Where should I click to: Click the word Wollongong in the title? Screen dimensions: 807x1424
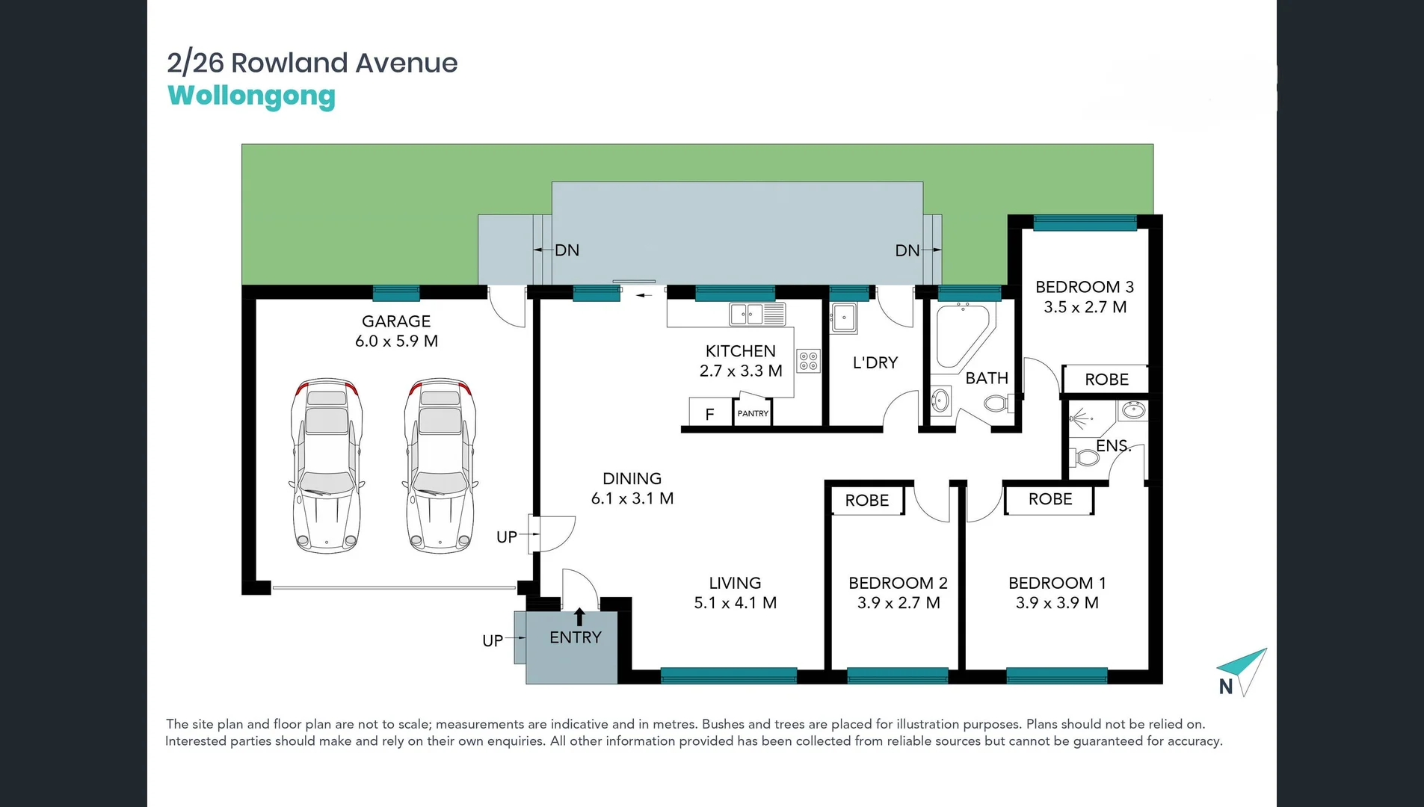pyautogui.click(x=251, y=96)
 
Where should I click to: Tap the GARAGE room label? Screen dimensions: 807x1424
pyautogui.click(x=396, y=321)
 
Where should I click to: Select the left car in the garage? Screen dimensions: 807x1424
pyautogui.click(x=327, y=466)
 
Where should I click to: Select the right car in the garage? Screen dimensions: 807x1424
pyautogui.click(x=440, y=466)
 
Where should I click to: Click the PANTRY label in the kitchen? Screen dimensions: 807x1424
pyautogui.click(x=753, y=413)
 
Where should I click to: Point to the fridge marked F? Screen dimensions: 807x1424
pyautogui.click(x=709, y=413)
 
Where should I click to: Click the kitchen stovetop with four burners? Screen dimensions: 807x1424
pyautogui.click(x=808, y=361)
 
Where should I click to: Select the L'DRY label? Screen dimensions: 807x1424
pyautogui.click(x=875, y=363)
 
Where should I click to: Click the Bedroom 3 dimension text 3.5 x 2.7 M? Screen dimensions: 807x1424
pyautogui.click(x=1085, y=307)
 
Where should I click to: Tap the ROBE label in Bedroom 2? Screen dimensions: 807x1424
pyautogui.click(x=867, y=501)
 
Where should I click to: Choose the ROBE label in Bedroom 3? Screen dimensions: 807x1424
pyautogui.click(x=1106, y=380)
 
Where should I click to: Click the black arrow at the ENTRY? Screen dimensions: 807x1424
pyautogui.click(x=579, y=616)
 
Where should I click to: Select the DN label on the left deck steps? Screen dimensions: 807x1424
pyautogui.click(x=567, y=250)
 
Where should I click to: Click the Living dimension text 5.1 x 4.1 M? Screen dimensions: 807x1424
pyautogui.click(x=735, y=603)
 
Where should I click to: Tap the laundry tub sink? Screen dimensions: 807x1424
pyautogui.click(x=844, y=318)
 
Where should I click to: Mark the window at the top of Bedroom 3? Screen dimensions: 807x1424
pyautogui.click(x=1085, y=223)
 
